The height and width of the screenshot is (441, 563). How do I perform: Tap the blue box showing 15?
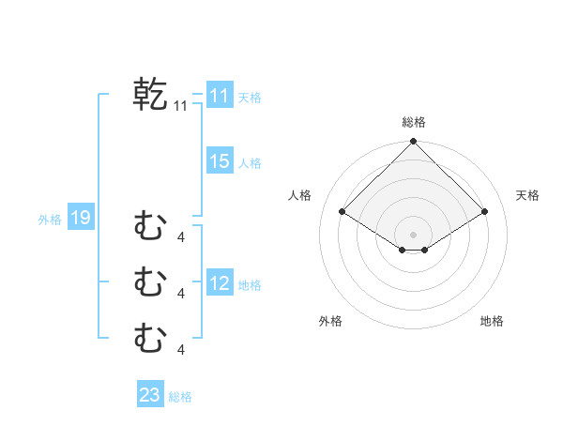point(220,161)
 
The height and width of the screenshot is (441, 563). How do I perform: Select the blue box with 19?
point(80,219)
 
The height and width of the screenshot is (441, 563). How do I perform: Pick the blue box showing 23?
point(150,395)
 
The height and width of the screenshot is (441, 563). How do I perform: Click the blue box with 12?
point(220,283)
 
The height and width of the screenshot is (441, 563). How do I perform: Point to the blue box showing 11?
point(220,96)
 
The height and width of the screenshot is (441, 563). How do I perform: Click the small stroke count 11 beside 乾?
point(181,107)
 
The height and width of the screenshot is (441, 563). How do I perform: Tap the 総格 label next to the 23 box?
point(180,397)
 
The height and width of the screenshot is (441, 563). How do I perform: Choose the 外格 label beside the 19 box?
point(50,220)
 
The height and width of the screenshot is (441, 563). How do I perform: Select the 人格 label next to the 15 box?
point(250,163)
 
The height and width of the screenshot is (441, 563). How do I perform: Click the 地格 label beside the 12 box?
point(250,285)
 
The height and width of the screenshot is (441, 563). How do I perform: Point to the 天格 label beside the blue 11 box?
point(250,98)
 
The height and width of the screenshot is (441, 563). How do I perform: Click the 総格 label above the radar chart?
point(414,122)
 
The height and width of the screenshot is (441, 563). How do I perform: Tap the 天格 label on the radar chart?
point(527,195)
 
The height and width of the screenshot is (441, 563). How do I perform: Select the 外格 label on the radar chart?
point(330,321)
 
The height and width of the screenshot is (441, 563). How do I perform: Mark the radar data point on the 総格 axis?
point(414,142)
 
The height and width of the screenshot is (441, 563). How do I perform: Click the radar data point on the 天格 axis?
point(485,212)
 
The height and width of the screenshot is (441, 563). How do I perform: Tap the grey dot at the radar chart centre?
point(414,234)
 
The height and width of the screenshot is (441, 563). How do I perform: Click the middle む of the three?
point(150,281)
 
